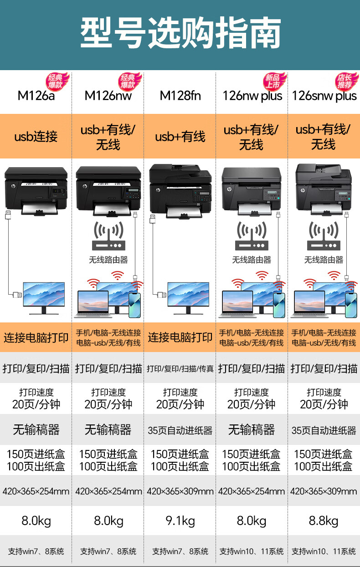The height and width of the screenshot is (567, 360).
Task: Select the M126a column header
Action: tap(36, 96)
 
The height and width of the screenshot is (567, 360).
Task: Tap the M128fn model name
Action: tap(180, 96)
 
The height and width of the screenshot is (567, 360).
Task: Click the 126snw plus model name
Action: tap(324, 96)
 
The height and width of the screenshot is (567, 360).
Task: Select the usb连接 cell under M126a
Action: tap(36, 136)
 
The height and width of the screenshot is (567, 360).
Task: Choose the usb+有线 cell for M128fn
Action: tap(180, 136)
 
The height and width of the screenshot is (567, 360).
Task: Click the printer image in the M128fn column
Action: tap(180, 189)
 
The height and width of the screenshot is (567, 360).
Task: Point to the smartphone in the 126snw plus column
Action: tap(350, 304)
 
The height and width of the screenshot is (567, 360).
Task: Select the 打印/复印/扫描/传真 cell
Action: tap(180, 369)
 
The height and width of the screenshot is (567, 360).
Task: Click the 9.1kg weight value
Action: tap(180, 521)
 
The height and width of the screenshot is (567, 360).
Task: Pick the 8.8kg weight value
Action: tap(324, 521)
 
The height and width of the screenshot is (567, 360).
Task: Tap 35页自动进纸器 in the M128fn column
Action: tap(180, 430)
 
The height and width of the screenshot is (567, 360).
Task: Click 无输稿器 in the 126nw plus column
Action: tap(252, 429)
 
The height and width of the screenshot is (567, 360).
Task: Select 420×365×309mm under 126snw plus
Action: tap(324, 491)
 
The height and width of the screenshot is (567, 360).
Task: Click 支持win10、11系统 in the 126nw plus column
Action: tap(252, 552)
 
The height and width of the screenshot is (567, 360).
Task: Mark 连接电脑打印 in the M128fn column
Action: tap(180, 337)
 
